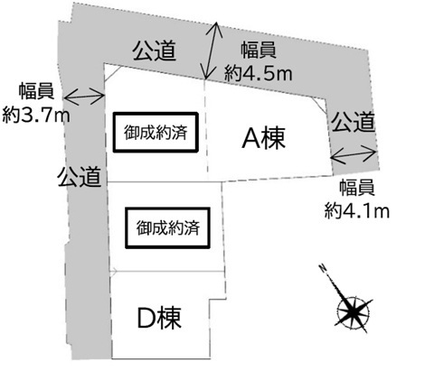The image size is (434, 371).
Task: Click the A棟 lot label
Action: [263, 138]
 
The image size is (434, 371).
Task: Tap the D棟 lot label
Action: [159, 318]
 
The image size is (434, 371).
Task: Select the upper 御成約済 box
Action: [156, 133]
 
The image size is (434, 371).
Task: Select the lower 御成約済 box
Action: [167, 227]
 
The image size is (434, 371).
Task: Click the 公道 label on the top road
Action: [155, 51]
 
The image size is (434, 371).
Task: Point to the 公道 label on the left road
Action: [80, 177]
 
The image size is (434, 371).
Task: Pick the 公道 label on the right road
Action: [353, 122]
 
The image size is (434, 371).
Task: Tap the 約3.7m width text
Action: [36, 115]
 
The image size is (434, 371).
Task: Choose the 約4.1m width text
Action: [357, 210]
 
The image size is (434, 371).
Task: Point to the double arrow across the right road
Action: [354, 154]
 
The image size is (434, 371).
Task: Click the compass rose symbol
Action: [353, 311]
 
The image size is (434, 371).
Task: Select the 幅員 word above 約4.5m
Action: [259, 51]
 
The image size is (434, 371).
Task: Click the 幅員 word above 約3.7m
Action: [36, 91]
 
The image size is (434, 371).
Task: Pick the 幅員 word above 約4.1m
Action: [357, 188]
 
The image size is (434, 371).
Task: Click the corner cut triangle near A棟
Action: [321, 104]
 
